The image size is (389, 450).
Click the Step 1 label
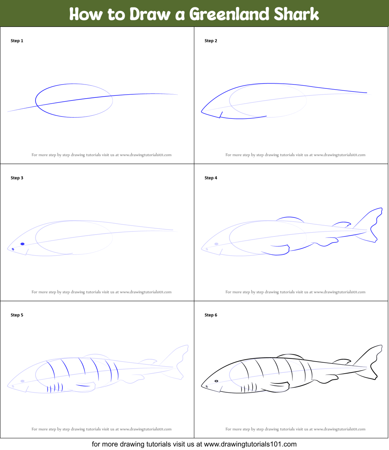pos(17,41)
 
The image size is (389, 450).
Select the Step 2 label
pos(211,41)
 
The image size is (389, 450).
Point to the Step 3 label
pos(17,178)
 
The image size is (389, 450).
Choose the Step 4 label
pos(211,178)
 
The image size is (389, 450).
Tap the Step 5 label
pos(17,315)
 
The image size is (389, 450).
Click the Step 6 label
pos(211,315)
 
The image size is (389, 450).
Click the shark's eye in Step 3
pos(23,244)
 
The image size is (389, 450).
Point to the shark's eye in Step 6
pos(217,381)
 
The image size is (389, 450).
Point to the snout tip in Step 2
pos(202,112)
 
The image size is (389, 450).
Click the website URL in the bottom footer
pos(250,444)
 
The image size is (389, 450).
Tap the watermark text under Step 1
pos(101,155)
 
